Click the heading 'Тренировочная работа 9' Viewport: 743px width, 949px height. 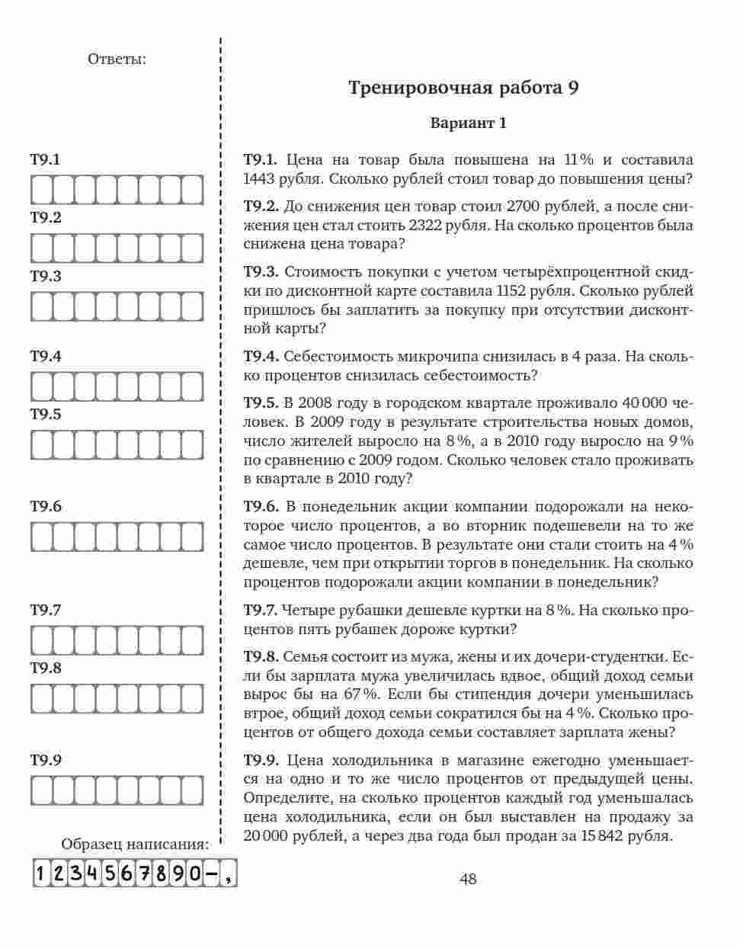[463, 88]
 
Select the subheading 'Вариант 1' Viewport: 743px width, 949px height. [468, 123]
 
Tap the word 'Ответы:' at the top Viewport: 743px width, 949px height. [117, 59]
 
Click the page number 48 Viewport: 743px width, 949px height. [468, 879]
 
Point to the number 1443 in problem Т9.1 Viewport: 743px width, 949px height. [261, 179]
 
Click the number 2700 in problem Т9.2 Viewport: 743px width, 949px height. [526, 207]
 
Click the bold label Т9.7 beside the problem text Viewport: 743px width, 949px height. [260, 611]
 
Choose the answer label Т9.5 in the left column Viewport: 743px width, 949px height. [46, 415]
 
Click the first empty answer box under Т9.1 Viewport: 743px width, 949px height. [40, 191]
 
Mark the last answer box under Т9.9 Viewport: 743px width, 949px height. [194, 790]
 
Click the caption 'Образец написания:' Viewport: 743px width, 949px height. [135, 845]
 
